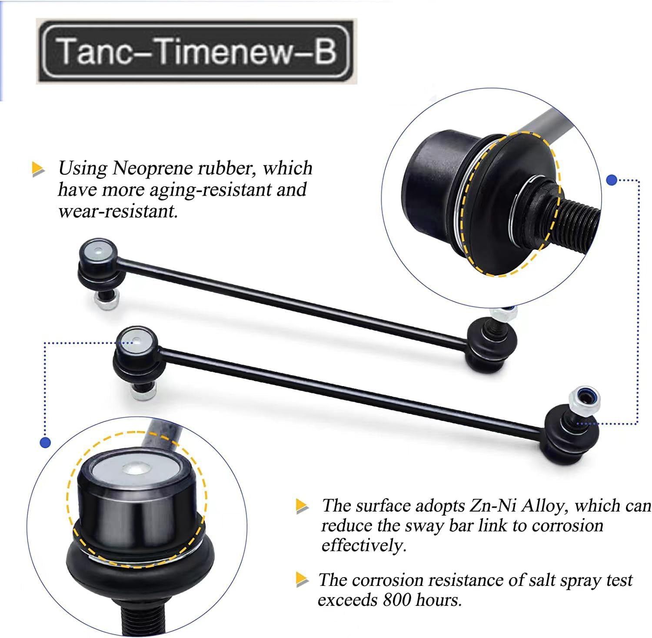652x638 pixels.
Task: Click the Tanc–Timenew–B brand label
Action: tap(196, 51)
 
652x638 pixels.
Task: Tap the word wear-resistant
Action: tap(117, 212)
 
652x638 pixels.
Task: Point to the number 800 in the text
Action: tap(396, 600)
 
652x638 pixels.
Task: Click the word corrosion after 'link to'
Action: tap(567, 526)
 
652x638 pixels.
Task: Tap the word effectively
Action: tap(363, 545)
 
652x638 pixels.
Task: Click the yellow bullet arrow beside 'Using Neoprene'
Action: tap(38, 169)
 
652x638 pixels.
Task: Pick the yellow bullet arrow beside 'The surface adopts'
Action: tap(302, 506)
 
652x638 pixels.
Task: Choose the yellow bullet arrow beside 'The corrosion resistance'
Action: tap(302, 580)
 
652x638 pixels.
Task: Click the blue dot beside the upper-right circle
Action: tap(612, 180)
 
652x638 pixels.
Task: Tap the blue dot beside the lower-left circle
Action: tap(45, 443)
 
